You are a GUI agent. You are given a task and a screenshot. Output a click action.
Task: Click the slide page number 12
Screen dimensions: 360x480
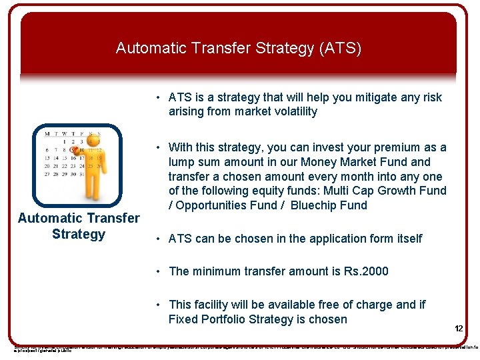459,329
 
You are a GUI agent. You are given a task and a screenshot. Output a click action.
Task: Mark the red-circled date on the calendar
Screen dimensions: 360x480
73,151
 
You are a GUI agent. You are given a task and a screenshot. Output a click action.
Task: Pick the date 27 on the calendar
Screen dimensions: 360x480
47,174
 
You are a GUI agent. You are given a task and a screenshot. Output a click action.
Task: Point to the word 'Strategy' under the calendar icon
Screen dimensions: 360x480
79,234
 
